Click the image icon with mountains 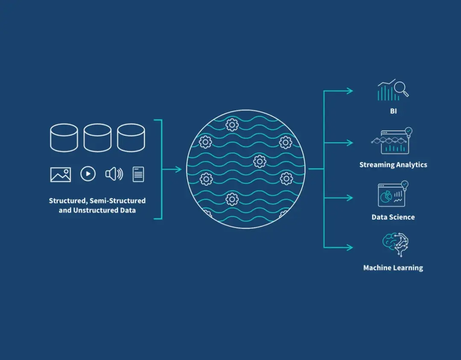[x=61, y=174]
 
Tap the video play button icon [x=88, y=174]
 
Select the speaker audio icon [x=114, y=174]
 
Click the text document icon [x=138, y=174]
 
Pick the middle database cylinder [x=98, y=137]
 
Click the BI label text [x=394, y=111]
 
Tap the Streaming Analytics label [x=393, y=165]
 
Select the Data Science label [x=393, y=217]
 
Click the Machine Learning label [x=393, y=268]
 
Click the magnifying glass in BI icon [x=401, y=89]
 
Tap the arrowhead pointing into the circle [x=178, y=169]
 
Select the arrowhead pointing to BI [x=350, y=91]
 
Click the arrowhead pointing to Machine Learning [x=350, y=247]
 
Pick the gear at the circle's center [x=260, y=161]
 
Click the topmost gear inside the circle [x=232, y=125]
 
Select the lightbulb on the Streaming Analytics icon [x=408, y=131]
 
